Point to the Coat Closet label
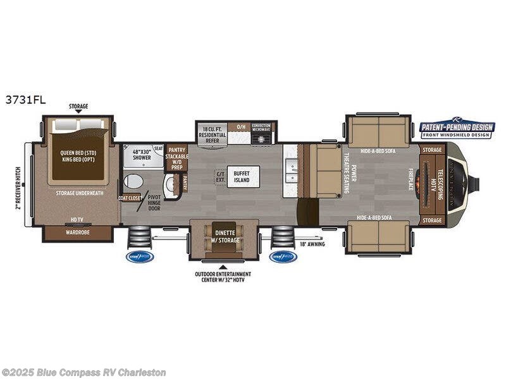(x=129, y=198)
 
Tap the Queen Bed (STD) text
(x=77, y=152)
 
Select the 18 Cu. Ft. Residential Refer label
(x=213, y=135)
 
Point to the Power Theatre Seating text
(x=350, y=170)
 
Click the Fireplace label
(x=410, y=179)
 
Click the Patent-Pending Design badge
(x=457, y=128)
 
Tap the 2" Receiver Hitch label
(x=19, y=184)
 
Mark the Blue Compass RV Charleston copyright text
(x=83, y=372)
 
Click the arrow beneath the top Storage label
(x=78, y=111)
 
